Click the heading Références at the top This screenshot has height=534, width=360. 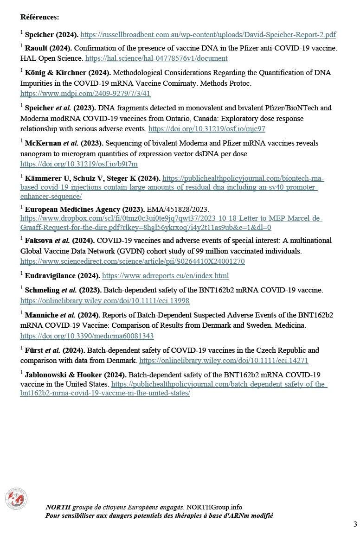39,17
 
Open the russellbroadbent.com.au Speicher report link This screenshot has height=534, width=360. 208,35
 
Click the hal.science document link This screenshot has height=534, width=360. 156,58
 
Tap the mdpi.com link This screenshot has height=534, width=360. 85,94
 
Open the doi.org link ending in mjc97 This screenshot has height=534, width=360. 207,129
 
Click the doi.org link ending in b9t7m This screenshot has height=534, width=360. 79,164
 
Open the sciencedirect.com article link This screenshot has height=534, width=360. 132,261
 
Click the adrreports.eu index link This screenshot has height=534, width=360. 165,276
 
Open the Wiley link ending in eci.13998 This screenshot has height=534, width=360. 105,301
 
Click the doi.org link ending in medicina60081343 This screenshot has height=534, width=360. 87,336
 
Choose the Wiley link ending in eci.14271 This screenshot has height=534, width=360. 224,361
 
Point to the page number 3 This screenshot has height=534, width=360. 355,524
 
